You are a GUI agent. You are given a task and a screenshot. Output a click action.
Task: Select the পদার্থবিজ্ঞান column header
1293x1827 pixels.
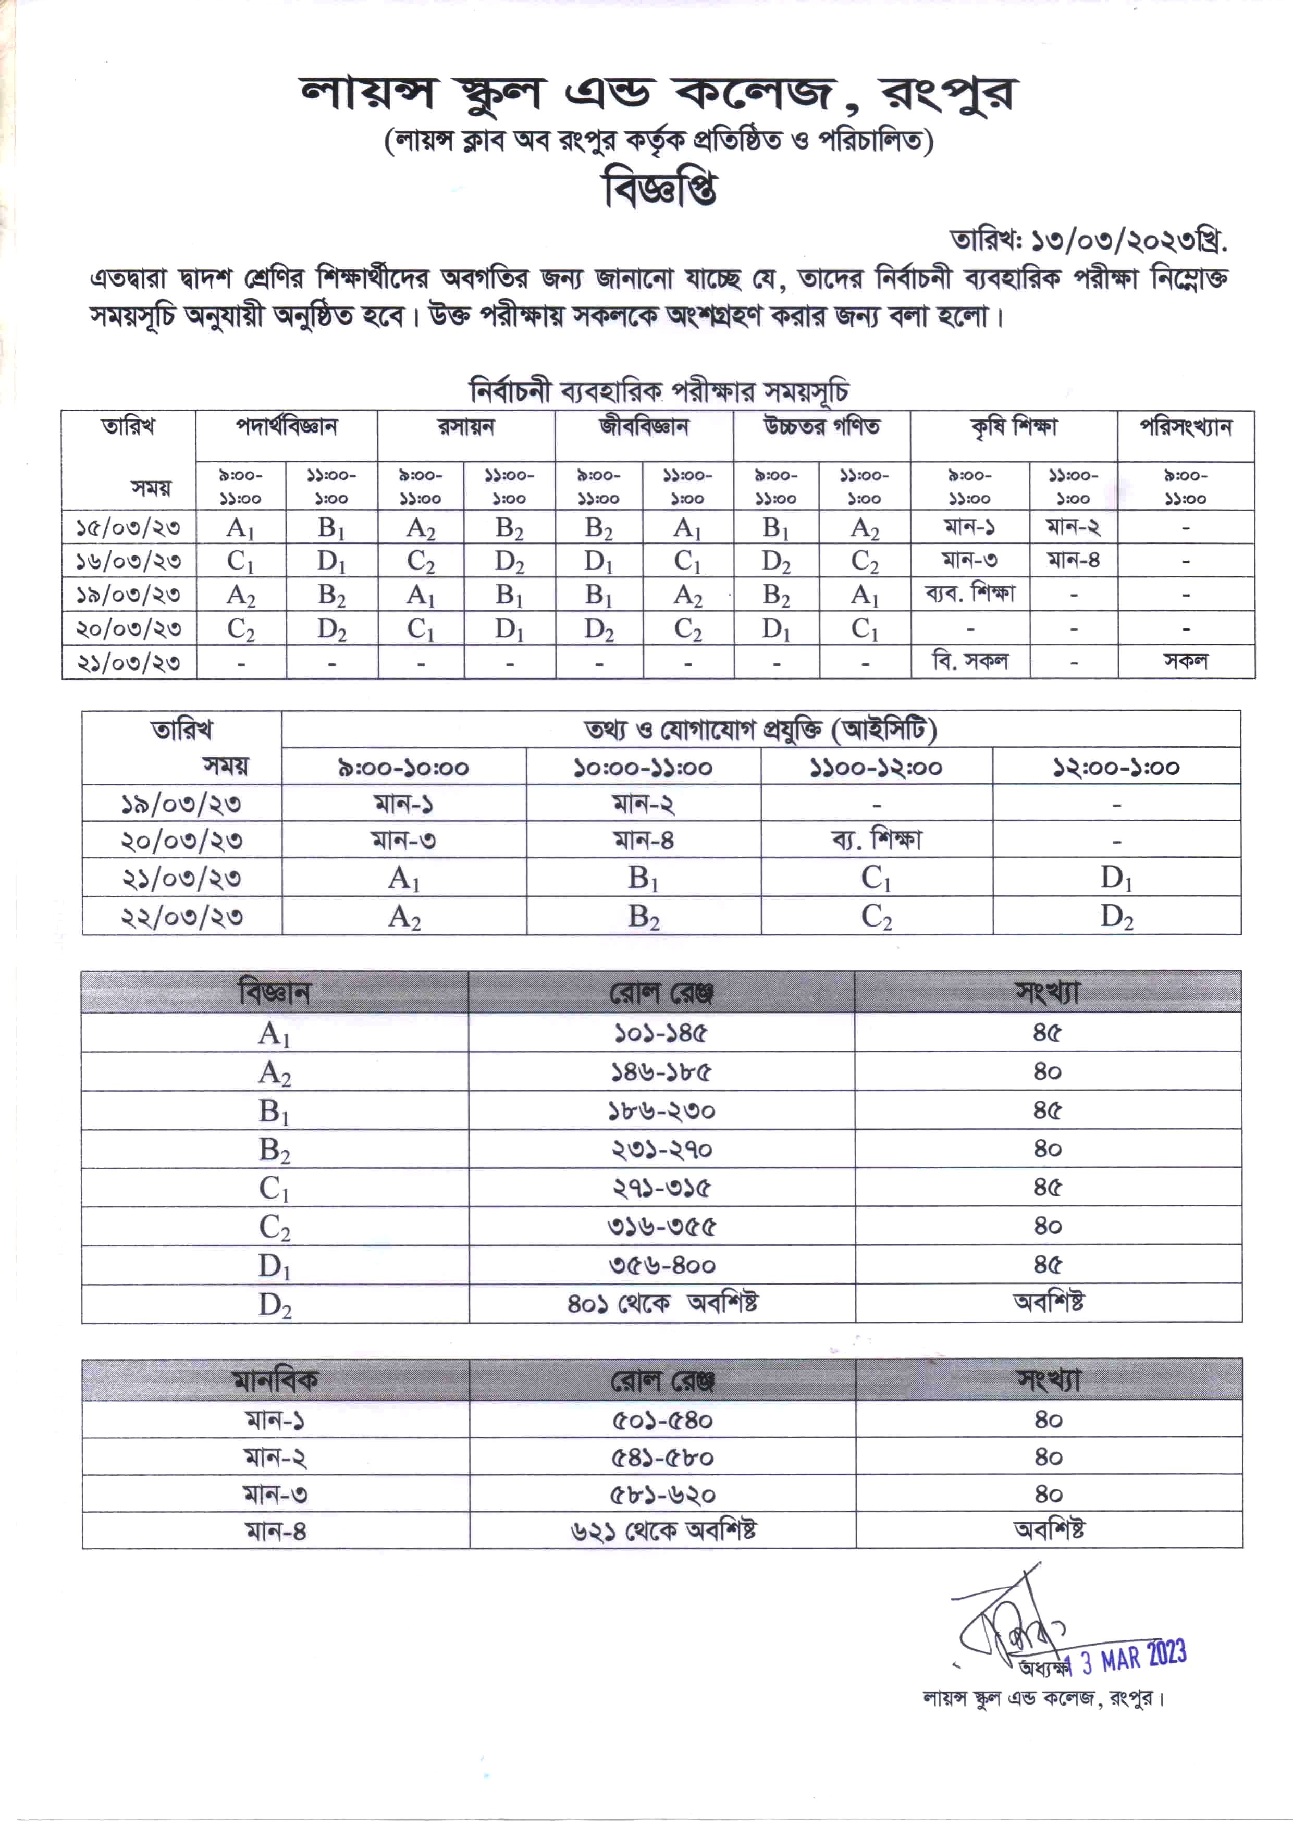[286, 427]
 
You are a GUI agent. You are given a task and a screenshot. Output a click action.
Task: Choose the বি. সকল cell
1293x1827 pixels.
[970, 661]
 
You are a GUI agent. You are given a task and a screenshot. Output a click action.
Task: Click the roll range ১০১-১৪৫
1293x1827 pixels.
[661, 1033]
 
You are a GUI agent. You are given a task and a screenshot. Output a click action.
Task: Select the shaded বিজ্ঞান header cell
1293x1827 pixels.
[274, 993]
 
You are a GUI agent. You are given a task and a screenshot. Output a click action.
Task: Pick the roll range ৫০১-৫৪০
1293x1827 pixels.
[662, 1420]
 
